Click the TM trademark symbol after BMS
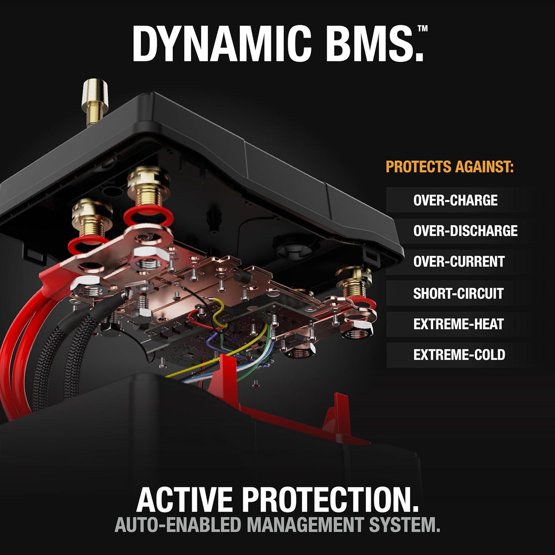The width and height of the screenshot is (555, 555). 422,28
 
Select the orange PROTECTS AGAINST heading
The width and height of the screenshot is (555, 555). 449,167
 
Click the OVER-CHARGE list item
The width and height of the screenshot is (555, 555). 455,200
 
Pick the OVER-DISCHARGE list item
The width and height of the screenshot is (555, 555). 465,231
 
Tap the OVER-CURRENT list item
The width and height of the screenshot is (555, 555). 459,262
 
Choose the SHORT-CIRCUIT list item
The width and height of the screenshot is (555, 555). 458,293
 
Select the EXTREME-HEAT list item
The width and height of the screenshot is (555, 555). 458,324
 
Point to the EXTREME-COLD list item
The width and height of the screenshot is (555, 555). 459,355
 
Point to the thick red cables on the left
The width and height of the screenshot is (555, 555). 15,346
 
